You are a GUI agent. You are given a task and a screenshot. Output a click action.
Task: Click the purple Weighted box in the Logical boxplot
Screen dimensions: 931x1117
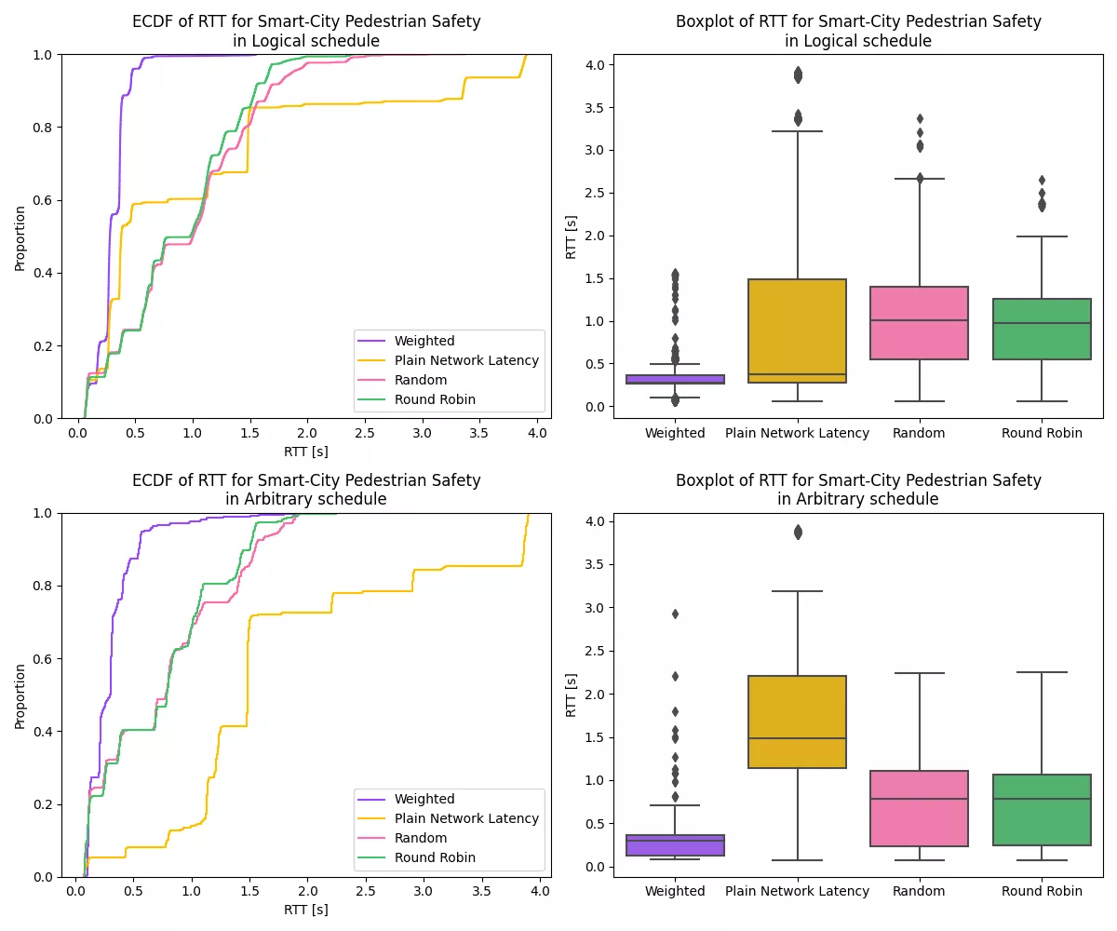(x=675, y=379)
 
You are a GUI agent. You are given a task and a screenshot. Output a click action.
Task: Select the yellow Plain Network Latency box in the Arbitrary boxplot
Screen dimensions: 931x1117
(x=797, y=722)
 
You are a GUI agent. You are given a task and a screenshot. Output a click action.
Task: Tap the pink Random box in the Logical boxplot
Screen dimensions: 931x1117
(x=919, y=323)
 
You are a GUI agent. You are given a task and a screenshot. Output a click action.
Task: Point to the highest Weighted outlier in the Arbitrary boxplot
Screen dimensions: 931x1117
(x=675, y=614)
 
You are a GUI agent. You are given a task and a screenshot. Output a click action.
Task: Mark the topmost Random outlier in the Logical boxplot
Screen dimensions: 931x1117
(x=920, y=118)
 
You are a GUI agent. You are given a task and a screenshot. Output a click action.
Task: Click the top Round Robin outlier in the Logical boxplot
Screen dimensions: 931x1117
(x=1042, y=180)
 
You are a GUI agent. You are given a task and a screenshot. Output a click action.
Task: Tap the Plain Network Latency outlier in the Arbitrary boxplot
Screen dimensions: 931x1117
(x=797, y=532)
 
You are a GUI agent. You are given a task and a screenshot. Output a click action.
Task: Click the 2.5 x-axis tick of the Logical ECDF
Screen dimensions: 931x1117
(x=365, y=434)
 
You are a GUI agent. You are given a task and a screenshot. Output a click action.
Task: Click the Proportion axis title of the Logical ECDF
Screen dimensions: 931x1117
(x=20, y=237)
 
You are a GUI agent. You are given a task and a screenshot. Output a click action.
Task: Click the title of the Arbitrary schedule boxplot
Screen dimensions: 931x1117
(x=858, y=490)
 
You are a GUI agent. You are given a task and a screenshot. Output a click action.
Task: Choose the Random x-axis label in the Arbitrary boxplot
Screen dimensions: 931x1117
(x=919, y=891)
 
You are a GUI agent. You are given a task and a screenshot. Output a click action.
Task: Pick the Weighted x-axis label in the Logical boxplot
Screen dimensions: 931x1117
(x=675, y=433)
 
